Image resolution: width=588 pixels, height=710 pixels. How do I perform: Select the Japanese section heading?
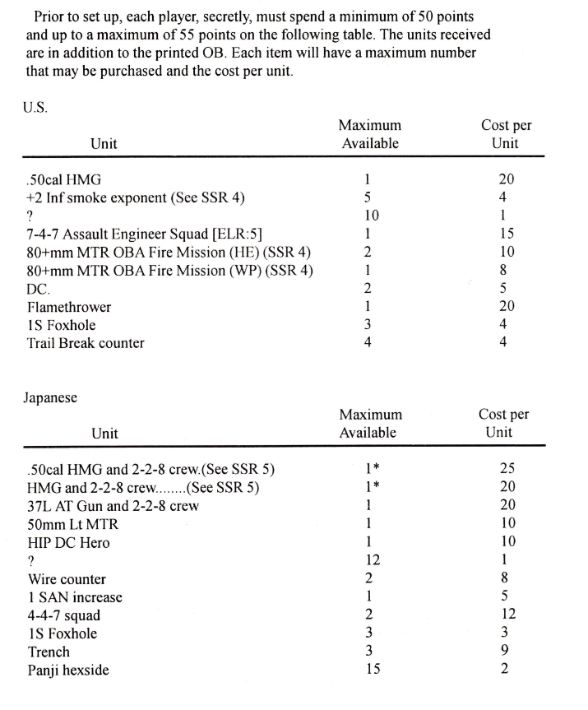pyautogui.click(x=51, y=397)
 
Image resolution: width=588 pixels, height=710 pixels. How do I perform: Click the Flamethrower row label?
pyautogui.click(x=68, y=307)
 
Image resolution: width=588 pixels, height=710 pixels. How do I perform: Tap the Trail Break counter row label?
pyautogui.click(x=86, y=343)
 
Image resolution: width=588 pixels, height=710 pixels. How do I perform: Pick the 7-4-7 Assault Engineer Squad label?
pyautogui.click(x=144, y=234)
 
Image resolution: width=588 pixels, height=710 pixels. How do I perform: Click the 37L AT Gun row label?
pyautogui.click(x=113, y=506)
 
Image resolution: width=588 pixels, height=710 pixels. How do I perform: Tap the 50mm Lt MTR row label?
pyautogui.click(x=72, y=524)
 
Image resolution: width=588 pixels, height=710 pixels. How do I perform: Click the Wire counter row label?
pyautogui.click(x=66, y=579)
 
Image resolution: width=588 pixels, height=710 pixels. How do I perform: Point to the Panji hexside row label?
pyautogui.click(x=68, y=670)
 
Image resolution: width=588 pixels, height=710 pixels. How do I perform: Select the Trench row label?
pyautogui.click(x=49, y=652)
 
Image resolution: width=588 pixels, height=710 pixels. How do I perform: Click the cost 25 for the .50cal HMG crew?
pyautogui.click(x=507, y=469)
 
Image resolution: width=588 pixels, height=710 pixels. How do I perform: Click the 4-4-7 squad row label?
pyautogui.click(x=63, y=615)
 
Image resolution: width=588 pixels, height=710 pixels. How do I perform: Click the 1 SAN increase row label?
pyautogui.click(x=74, y=597)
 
